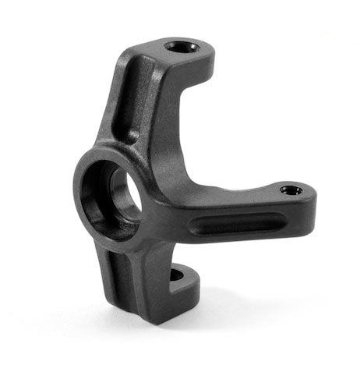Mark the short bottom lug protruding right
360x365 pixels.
coord(183,285)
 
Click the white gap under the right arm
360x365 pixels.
coord(234,265)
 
